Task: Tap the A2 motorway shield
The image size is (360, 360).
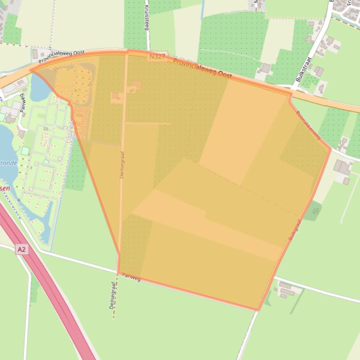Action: click(x=22, y=250)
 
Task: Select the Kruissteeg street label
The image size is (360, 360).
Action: click(x=147, y=18)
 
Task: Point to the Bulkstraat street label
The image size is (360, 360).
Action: click(x=304, y=70)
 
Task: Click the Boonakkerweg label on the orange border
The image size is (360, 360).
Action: click(x=308, y=125)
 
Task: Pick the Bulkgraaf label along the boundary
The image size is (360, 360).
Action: click(x=294, y=230)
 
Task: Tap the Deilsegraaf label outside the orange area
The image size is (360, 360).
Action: click(x=113, y=295)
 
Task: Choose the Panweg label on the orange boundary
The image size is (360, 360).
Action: click(x=131, y=277)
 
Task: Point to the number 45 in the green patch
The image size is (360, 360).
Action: click(x=316, y=211)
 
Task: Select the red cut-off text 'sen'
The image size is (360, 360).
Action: click(x=5, y=188)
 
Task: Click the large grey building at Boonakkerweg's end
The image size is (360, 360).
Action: click(x=342, y=167)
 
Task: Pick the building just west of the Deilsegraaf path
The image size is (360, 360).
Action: click(x=116, y=97)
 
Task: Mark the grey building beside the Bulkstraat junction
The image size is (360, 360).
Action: click(x=265, y=68)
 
